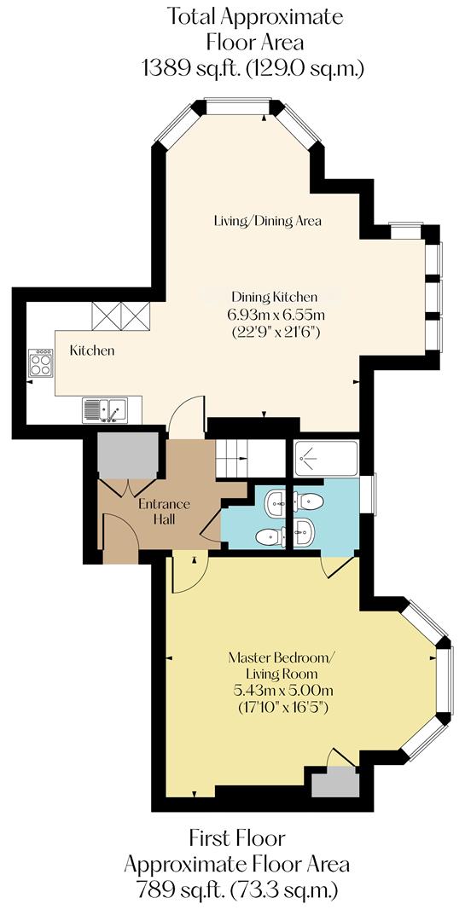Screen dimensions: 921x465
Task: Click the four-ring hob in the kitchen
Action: (x=40, y=363)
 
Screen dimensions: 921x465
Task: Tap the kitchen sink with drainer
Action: (x=105, y=410)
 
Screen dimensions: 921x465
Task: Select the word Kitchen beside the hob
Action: (x=91, y=350)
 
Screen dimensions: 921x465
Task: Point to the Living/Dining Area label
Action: (x=267, y=221)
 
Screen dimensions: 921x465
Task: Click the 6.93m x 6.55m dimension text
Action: (x=274, y=314)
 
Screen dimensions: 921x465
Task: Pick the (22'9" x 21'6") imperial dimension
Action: (x=274, y=331)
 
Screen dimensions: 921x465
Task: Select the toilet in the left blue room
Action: (x=270, y=536)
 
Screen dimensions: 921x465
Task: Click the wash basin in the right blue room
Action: (x=305, y=532)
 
